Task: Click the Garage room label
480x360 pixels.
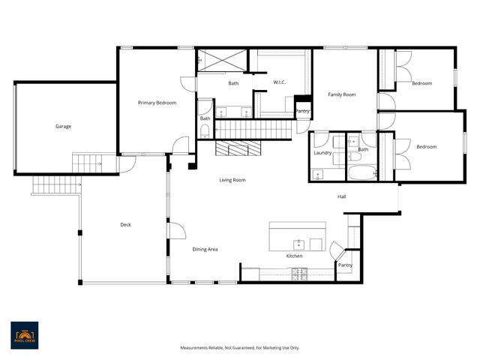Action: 64,126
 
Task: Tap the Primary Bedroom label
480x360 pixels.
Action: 157,103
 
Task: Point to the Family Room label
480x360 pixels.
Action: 341,95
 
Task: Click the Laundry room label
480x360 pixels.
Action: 323,152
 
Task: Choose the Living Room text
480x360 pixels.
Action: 232,180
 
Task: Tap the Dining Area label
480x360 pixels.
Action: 205,249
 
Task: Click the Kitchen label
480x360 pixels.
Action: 294,256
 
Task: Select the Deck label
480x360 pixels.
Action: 126,225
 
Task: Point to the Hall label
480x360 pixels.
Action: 341,197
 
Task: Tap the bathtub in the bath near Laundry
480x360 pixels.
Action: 363,173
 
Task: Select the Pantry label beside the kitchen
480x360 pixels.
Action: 344,265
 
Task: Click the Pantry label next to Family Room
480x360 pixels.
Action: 303,111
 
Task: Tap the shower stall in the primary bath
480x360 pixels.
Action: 222,60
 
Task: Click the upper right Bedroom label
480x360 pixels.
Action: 422,83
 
